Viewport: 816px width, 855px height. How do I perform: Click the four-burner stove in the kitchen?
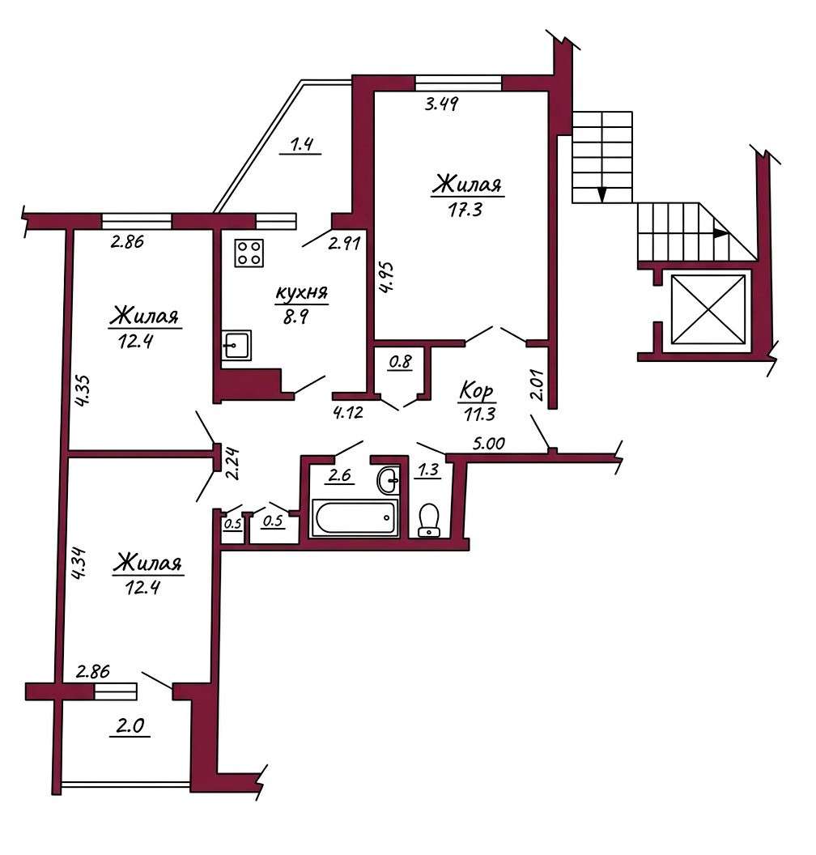click(x=249, y=253)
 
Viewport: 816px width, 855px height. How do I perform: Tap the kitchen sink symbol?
click(x=236, y=345)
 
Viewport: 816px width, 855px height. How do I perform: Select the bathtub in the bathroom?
click(x=355, y=517)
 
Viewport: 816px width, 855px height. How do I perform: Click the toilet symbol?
click(x=428, y=520)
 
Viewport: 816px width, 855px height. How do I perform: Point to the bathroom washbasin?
click(x=388, y=480)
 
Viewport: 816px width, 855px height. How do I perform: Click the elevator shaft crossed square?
click(x=708, y=310)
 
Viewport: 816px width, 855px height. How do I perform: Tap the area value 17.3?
click(x=465, y=210)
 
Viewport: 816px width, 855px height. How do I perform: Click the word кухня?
click(x=301, y=293)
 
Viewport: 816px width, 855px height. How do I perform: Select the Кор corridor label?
click(x=477, y=390)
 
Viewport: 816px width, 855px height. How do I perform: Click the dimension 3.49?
click(x=441, y=103)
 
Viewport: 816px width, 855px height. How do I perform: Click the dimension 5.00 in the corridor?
click(x=488, y=443)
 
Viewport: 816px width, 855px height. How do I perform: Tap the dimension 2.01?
click(x=538, y=385)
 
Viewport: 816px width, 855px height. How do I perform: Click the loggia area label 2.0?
click(x=130, y=725)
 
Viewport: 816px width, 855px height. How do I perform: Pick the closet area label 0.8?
click(x=401, y=361)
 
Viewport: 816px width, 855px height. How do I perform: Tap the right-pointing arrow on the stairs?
click(x=720, y=233)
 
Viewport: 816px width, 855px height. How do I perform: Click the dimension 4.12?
click(x=348, y=412)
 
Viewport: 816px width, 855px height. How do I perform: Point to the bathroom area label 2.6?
click(x=339, y=474)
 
